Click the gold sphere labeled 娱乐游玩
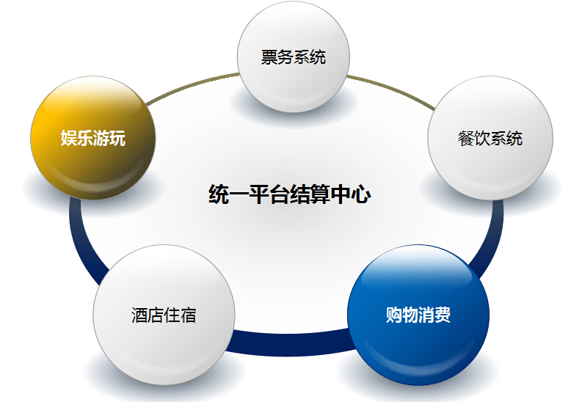point(93,138)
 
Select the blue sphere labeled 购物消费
point(418,315)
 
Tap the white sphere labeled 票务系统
point(294,56)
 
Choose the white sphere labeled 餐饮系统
point(490,138)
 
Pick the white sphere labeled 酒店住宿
point(164,315)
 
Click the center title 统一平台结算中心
point(290,194)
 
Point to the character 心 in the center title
point(361,194)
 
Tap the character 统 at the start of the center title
point(219,194)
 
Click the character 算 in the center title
point(321,194)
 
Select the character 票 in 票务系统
point(269,57)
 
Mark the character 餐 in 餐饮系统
point(466,139)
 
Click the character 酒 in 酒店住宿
point(139,315)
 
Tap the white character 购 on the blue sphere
point(394,315)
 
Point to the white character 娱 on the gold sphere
point(69,138)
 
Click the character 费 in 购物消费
point(443,315)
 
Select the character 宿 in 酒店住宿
point(189,315)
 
